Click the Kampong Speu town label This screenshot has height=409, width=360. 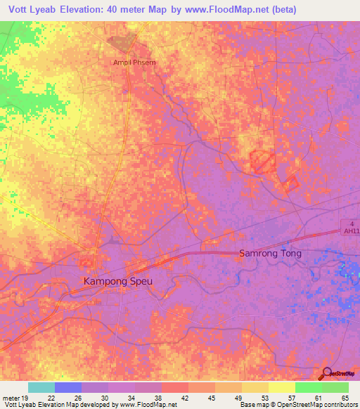pyautogui.click(x=118, y=281)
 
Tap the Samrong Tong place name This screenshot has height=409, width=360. pyautogui.click(x=271, y=254)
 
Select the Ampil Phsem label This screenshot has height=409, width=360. pyautogui.click(x=134, y=62)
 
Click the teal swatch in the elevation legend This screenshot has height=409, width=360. pyautogui.click(x=41, y=387)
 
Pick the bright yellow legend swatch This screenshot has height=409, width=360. pyautogui.click(x=282, y=387)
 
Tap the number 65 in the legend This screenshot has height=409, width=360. pyautogui.click(x=345, y=398)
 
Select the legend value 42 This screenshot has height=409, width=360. pyautogui.click(x=185, y=398)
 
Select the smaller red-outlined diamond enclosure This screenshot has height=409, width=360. pyautogui.click(x=290, y=183)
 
